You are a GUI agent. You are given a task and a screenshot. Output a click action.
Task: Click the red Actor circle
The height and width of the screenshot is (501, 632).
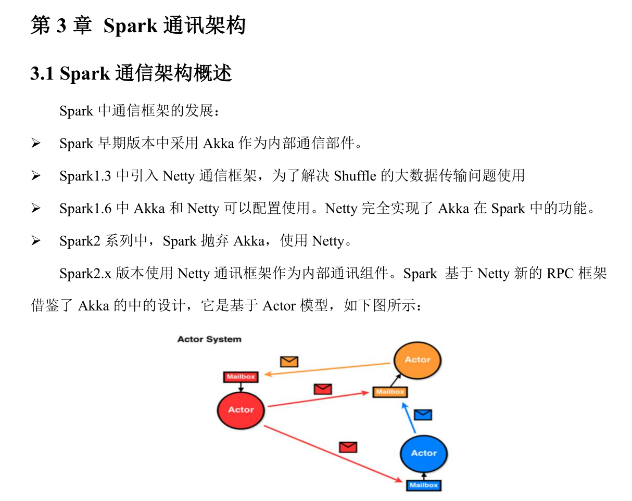pos(241,409)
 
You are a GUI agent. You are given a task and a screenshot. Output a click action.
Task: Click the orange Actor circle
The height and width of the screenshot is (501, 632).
pos(418,359)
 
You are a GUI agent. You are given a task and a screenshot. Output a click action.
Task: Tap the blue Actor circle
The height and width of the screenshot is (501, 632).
pos(424,453)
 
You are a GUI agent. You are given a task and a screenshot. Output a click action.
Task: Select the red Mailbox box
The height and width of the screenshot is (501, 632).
pos(241,377)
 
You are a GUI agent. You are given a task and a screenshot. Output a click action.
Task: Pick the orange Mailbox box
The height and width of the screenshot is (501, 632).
pos(390,392)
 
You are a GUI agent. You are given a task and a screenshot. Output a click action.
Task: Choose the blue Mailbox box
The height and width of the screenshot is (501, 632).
pos(424,485)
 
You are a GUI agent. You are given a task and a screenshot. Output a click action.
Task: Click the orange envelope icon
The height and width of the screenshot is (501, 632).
pos(289,361)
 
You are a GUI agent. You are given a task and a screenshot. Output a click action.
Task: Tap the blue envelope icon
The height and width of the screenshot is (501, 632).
pos(423,415)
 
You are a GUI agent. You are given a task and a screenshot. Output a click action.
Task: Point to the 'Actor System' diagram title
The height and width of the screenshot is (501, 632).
pos(209,339)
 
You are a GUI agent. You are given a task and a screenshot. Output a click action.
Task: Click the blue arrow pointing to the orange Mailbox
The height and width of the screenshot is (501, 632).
pos(409,419)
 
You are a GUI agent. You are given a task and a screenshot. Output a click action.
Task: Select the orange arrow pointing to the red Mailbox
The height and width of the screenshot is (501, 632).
pos(328,368)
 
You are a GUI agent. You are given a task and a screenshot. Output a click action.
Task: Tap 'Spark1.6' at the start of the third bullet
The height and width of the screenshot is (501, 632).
pos(85,209)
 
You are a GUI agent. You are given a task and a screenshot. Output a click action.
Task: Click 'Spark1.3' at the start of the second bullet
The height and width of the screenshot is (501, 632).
pos(85,176)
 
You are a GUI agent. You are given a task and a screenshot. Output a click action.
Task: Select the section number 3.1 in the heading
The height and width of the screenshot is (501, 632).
pos(42,74)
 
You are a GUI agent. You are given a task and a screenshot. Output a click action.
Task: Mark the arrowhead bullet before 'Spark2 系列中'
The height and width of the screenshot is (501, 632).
pos(36,241)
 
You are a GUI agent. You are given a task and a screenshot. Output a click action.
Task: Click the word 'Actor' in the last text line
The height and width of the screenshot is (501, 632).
pos(279,306)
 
